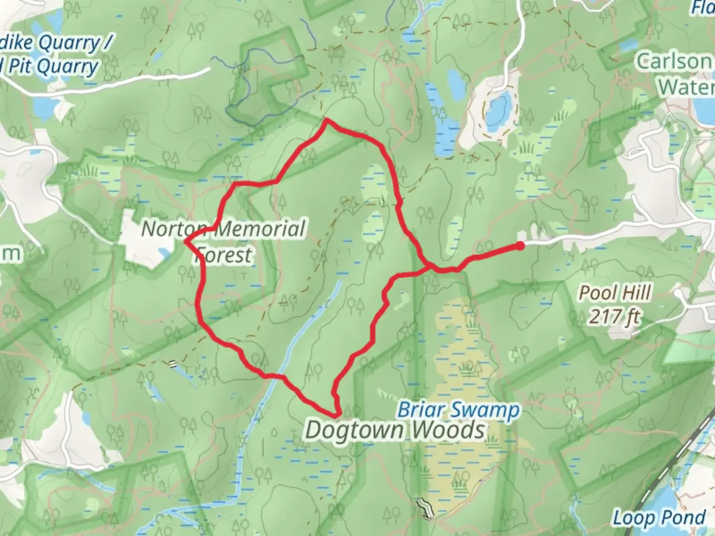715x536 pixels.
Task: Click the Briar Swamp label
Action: (x=458, y=410)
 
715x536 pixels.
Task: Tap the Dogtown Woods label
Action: (x=395, y=430)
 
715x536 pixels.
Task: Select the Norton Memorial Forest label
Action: (x=223, y=242)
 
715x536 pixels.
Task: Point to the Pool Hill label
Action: (x=615, y=293)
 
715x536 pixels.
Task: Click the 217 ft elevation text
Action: (x=615, y=316)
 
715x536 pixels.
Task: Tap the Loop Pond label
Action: (x=658, y=518)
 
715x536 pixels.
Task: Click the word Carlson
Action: (x=673, y=62)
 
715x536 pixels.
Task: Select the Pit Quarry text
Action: (x=55, y=67)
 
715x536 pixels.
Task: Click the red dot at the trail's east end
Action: (x=520, y=245)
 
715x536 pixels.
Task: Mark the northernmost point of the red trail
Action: (x=326, y=120)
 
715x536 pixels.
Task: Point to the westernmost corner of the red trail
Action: (x=186, y=242)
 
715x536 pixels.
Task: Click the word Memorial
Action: (x=260, y=229)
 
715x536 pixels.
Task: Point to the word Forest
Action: (x=223, y=255)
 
